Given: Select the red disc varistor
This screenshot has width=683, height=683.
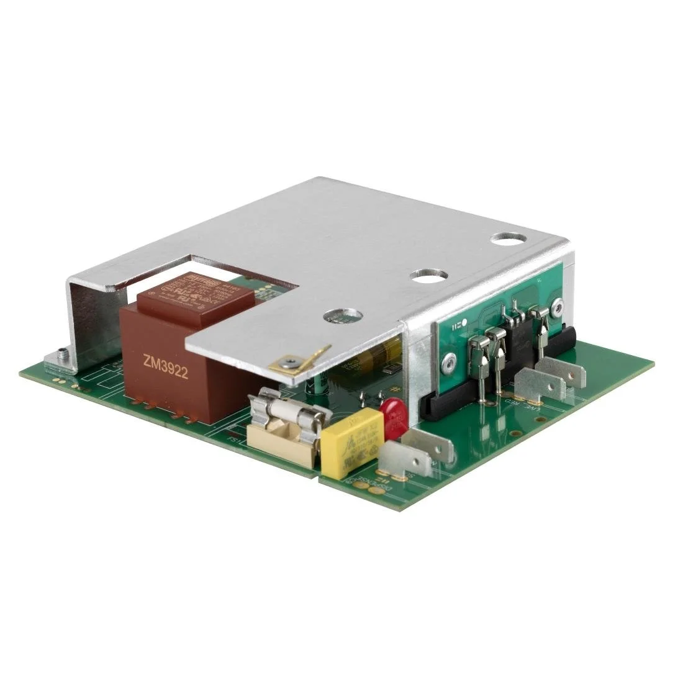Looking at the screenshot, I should (394, 417).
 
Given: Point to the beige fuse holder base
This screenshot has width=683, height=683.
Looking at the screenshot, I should (283, 445).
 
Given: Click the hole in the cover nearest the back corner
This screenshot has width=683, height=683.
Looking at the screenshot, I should (507, 238).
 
